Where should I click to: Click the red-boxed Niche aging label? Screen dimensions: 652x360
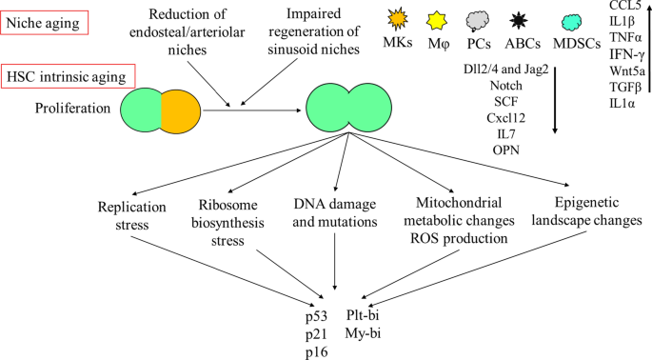point(45,23)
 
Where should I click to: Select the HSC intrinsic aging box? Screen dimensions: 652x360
point(68,76)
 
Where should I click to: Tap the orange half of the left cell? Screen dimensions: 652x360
point(181,110)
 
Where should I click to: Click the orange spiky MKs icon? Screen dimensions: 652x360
point(398,19)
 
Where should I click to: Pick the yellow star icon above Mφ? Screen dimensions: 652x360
point(437,20)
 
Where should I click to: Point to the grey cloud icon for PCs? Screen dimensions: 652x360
point(478,21)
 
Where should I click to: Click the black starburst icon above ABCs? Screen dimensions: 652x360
point(519,21)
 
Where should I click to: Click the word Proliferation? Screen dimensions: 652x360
point(72,109)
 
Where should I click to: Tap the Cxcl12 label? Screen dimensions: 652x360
point(506,118)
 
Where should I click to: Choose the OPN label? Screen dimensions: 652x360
point(506,150)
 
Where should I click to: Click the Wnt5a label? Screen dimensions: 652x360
point(627,70)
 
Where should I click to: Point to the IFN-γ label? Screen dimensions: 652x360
point(626,54)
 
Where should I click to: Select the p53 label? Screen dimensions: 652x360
point(316,316)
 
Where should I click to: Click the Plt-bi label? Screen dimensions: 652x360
point(363,315)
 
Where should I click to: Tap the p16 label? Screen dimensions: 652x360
point(316,352)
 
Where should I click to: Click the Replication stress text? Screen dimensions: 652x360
point(131,215)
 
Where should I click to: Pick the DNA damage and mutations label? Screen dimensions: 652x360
point(335,212)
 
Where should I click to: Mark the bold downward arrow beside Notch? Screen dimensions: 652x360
point(554,99)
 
